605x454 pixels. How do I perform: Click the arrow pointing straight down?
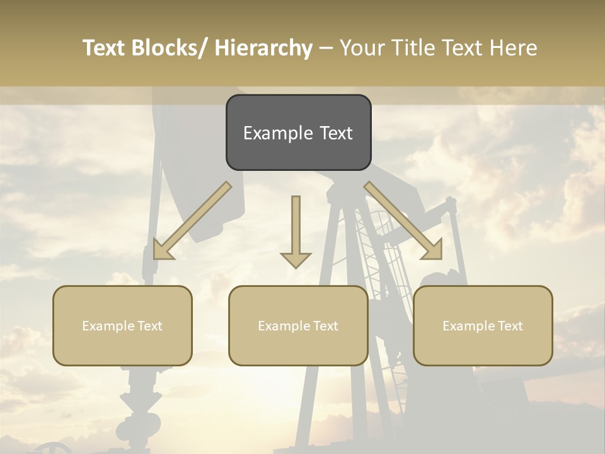(296, 230)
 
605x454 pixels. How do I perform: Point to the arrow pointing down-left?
(192, 221)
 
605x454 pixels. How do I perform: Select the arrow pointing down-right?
(403, 221)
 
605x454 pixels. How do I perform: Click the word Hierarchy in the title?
(263, 48)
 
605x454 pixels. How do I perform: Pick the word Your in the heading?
(362, 48)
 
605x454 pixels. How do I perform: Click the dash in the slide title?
(326, 48)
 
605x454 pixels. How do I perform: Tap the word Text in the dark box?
(335, 133)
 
